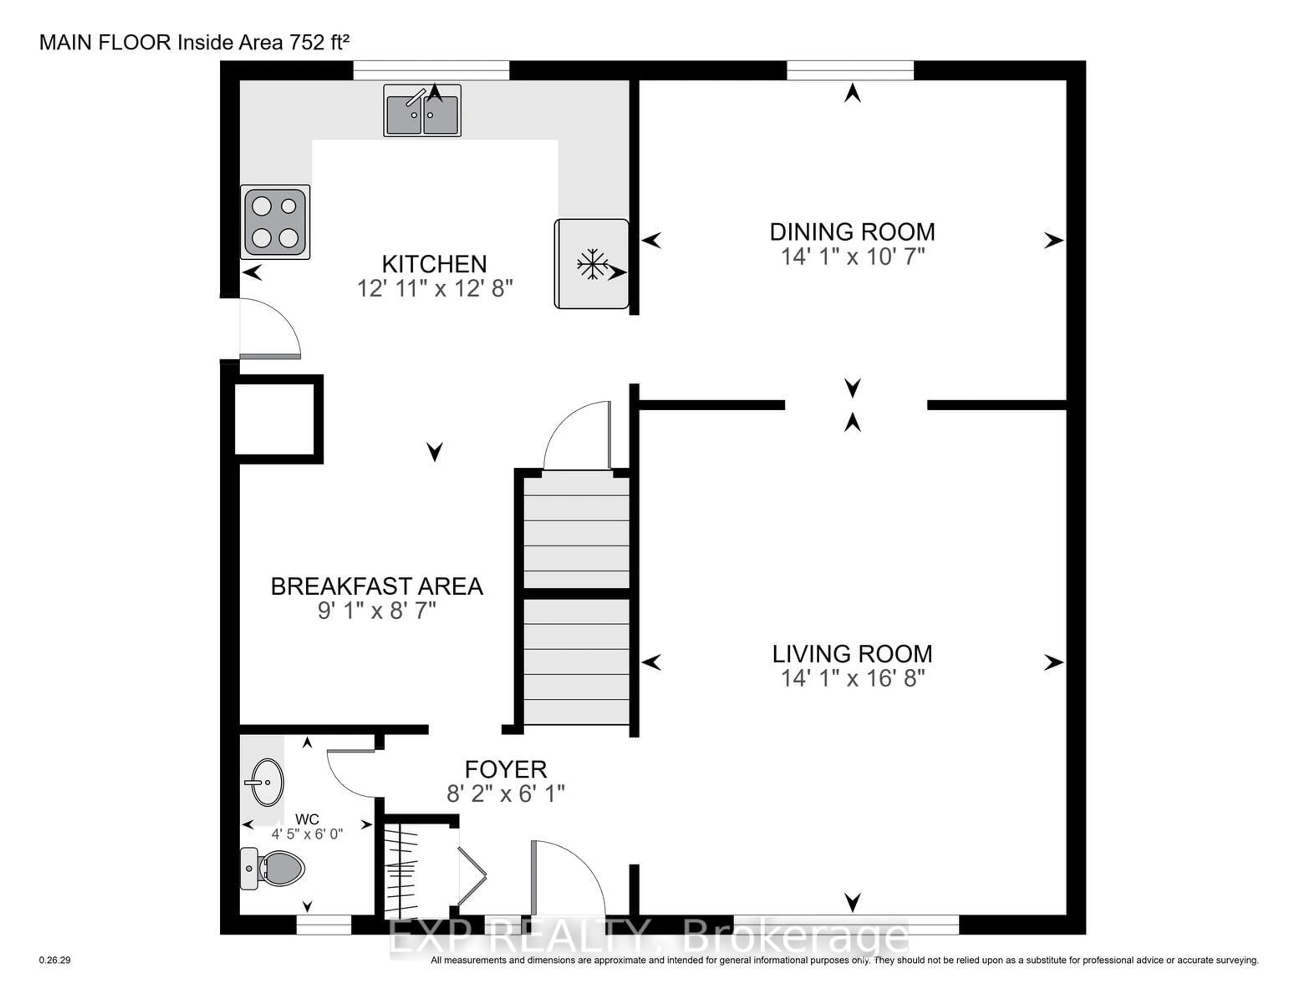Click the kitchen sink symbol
tap(422, 110)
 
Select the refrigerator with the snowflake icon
tap(591, 264)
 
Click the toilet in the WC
tap(273, 868)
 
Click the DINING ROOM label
tap(852, 232)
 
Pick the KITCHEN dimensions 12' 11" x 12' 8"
tap(434, 289)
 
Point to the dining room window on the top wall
tap(850, 70)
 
